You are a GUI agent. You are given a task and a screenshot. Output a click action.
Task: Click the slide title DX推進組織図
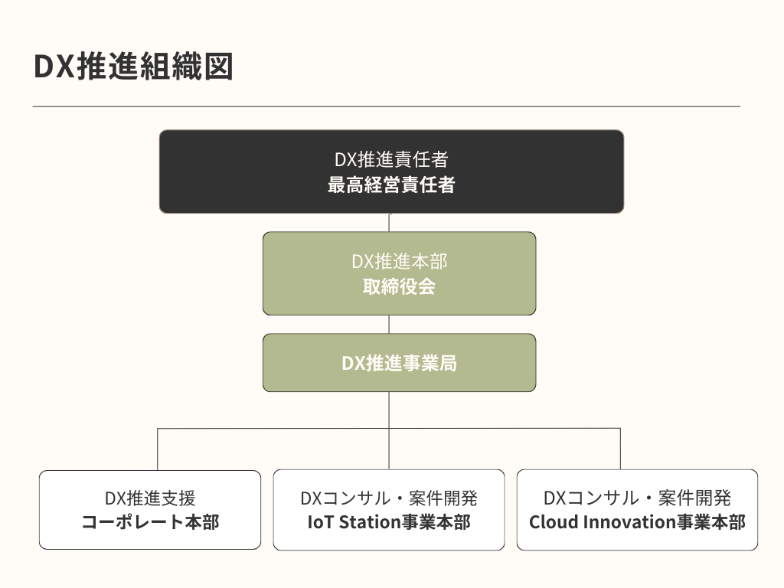133,67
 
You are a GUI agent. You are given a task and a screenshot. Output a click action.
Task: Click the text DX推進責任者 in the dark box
391,160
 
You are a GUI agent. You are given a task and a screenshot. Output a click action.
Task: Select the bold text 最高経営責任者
391,185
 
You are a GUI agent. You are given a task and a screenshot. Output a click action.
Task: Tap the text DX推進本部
399,261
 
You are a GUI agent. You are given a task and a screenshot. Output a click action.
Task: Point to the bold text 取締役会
399,286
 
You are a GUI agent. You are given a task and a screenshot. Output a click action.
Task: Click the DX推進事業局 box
399,363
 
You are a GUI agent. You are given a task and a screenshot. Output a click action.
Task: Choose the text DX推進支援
150,498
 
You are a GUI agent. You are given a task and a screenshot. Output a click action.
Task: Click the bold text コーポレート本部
150,522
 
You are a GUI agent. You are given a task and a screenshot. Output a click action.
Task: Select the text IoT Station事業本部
389,522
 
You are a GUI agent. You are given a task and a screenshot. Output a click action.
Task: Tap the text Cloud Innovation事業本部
637,522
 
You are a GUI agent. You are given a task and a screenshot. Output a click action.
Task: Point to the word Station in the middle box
366,522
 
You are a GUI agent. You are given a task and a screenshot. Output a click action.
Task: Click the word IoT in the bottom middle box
319,522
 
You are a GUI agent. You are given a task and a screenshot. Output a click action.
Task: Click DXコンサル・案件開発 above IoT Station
389,498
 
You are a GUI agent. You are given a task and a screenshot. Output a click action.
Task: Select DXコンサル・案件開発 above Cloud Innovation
637,498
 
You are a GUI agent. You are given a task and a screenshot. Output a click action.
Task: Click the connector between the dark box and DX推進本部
389,222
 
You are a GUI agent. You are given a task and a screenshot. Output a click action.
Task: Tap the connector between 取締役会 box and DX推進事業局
389,324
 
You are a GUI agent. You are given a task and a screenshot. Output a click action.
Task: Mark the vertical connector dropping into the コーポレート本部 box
158,449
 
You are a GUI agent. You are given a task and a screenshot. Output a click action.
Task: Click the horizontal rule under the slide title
387,106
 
